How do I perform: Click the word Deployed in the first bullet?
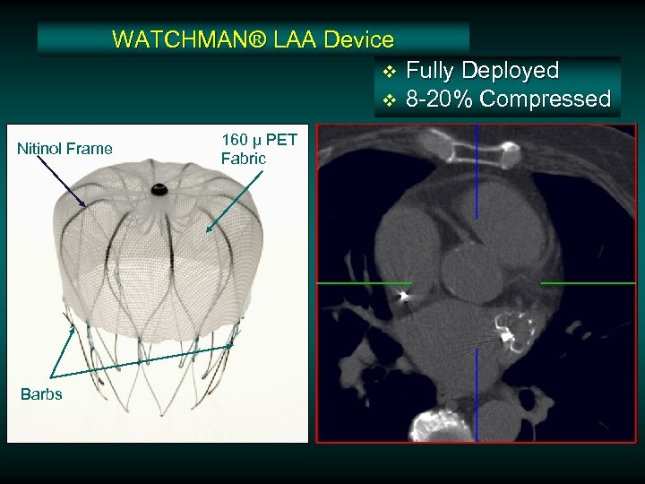pos(509,70)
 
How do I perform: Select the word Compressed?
pos(545,99)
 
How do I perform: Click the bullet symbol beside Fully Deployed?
pos(389,71)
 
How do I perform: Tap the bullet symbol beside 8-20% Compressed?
pos(389,99)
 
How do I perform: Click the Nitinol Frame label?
pos(64,148)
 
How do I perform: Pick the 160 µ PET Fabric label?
pos(258,149)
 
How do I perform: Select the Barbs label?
pos(40,394)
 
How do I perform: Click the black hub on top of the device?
pos(159,189)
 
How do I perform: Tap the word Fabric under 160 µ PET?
pos(243,159)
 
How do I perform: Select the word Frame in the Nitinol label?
pos(91,148)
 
